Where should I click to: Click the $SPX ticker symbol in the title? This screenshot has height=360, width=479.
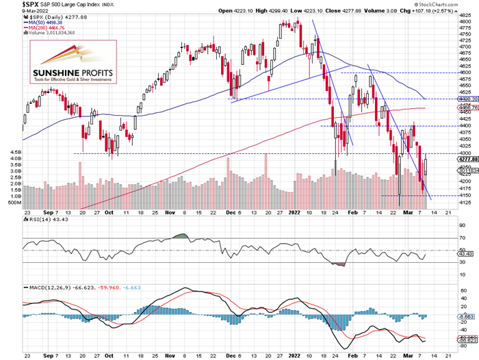point(12,4)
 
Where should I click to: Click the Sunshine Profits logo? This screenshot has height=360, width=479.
point(69,64)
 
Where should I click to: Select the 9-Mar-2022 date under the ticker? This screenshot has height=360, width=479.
point(14,11)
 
